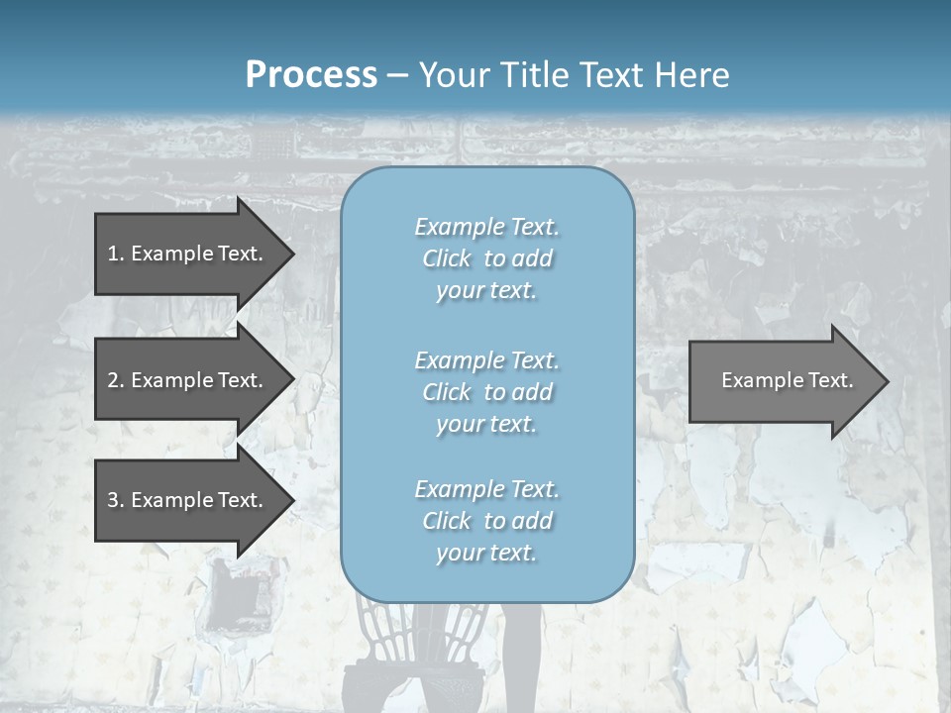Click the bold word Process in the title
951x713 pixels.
(311, 74)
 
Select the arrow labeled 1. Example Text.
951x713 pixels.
(185, 254)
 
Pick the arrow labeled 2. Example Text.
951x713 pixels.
(185, 380)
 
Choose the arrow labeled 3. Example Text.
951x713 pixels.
(185, 500)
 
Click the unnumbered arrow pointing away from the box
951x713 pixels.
(783, 381)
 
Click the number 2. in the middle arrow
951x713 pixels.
(116, 380)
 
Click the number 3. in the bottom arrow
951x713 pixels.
(116, 500)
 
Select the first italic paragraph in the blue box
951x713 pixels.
(486, 258)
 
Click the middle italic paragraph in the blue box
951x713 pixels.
(486, 392)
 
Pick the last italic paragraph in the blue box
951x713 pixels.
(486, 521)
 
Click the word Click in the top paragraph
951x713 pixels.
(447, 258)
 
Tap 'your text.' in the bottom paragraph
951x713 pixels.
(486, 553)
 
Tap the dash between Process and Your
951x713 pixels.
(397, 75)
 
